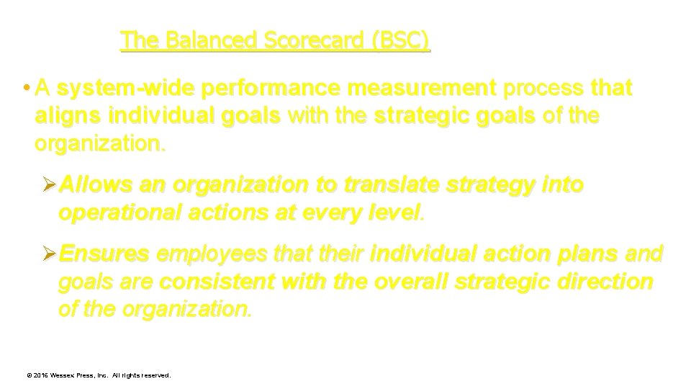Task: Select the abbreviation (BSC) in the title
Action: click(400, 40)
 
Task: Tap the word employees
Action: click(204, 254)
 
